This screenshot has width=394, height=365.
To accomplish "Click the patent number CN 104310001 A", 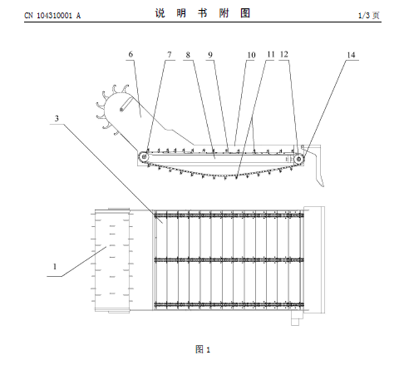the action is pyautogui.click(x=52, y=16).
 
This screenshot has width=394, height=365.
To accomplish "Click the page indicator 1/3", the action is pyautogui.click(x=364, y=15).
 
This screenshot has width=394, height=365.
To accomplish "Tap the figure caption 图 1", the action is pyautogui.click(x=203, y=349).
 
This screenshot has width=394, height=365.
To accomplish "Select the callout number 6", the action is pyautogui.click(x=131, y=54).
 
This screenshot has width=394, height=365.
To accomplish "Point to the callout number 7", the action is pyautogui.click(x=170, y=55).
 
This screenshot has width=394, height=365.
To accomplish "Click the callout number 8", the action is pyautogui.click(x=188, y=55).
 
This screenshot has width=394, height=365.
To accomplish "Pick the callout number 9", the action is pyautogui.click(x=210, y=55).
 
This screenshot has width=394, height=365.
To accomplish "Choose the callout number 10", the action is pyautogui.click(x=251, y=55).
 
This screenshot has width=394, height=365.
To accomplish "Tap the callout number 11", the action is pyautogui.click(x=271, y=54).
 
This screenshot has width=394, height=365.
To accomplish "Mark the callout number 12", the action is pyautogui.click(x=284, y=54).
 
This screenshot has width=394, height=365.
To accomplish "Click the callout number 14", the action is pyautogui.click(x=351, y=55).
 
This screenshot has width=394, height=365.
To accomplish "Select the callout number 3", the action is pyautogui.click(x=57, y=119).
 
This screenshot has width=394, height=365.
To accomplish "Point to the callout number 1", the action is pyautogui.click(x=55, y=267).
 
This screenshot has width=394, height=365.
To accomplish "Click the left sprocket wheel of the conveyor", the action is pyautogui.click(x=144, y=157).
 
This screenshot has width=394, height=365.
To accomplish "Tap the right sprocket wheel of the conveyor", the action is pyautogui.click(x=298, y=159).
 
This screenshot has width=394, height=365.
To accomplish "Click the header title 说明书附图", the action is pyautogui.click(x=203, y=13).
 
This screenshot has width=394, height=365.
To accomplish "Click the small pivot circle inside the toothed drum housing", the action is pyautogui.click(x=121, y=110).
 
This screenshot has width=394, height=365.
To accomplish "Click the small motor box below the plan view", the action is pyautogui.click(x=295, y=319).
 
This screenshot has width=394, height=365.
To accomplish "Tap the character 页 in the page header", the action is pyautogui.click(x=376, y=15).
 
